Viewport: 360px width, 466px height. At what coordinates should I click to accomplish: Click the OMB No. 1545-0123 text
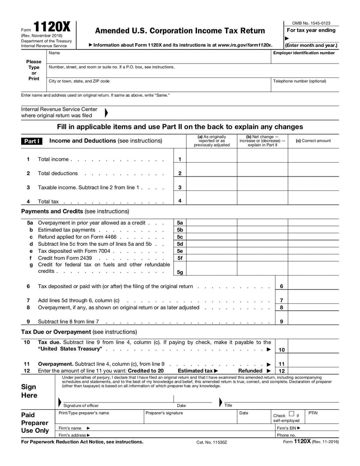pos(311,23)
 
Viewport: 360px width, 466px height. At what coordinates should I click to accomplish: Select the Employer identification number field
pos(305,59)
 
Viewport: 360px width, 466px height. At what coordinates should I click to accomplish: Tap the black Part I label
pos(31,141)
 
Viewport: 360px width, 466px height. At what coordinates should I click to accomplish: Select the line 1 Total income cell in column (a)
pos(211,159)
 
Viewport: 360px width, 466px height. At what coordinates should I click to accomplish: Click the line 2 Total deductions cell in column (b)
pos(262,173)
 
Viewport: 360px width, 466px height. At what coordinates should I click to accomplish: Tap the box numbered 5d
pos(180,244)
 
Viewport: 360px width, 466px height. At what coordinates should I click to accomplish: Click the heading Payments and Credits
pos(52,211)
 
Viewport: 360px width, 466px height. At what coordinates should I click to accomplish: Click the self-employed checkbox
pos(292,413)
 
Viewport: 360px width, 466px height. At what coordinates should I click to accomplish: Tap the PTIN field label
pos(313,413)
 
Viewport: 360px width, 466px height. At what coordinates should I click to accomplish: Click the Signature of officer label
pos(81,406)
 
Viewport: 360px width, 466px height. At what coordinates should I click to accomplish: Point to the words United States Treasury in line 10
pos(70,349)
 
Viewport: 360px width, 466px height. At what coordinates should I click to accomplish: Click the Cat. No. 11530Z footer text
pos(212,443)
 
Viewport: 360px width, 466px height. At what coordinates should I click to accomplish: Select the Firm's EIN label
pos(288,428)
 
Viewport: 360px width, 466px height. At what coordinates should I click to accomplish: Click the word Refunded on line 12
pos(250,371)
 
